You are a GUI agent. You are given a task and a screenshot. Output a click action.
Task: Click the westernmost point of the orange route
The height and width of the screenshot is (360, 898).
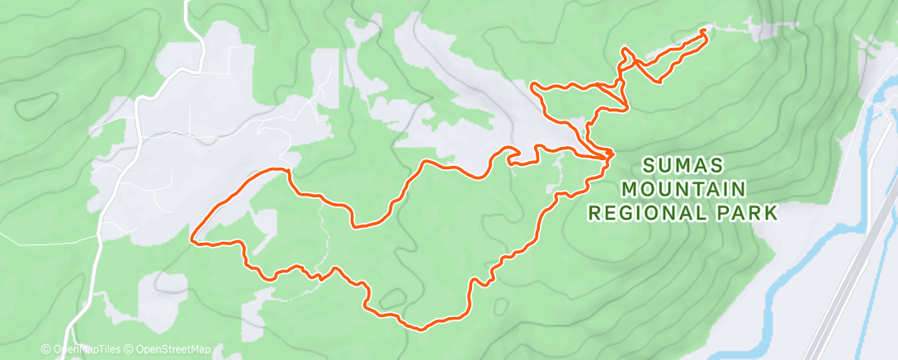tap(192, 241)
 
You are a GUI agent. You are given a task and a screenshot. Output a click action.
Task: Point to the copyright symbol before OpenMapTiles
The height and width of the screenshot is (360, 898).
tap(47, 349)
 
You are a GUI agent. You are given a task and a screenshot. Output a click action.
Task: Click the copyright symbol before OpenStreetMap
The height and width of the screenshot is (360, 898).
tap(130, 349)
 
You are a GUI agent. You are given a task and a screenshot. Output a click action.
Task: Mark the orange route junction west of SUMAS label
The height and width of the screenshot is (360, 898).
tap(609, 154)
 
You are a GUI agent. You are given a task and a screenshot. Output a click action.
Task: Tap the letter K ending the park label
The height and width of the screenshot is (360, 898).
tap(771, 212)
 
